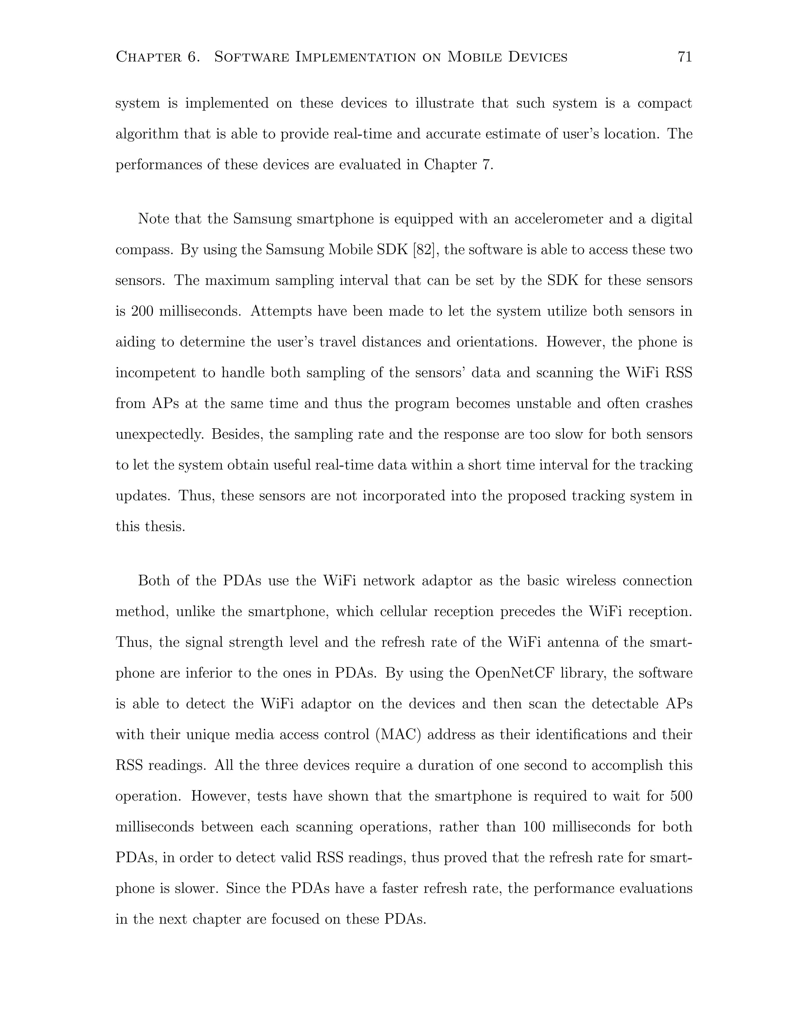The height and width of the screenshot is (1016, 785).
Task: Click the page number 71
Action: (685, 57)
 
